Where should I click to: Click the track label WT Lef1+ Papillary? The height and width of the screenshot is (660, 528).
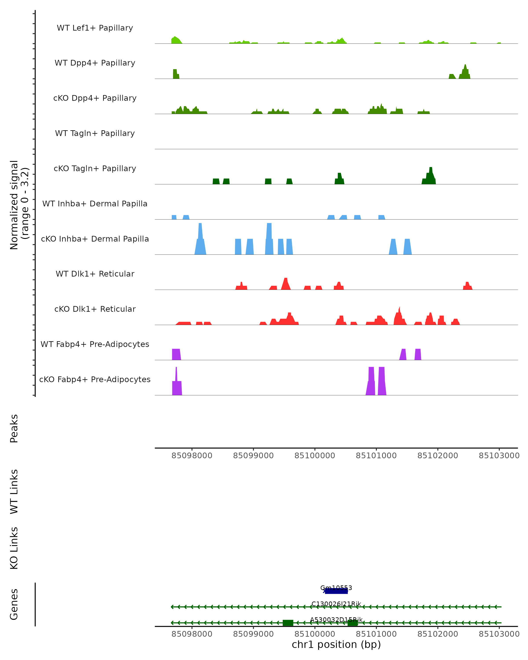pos(95,28)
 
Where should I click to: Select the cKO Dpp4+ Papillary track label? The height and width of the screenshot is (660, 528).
pos(95,98)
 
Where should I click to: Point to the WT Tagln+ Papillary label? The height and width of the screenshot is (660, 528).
pos(95,134)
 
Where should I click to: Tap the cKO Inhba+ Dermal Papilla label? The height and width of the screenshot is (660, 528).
pos(95,239)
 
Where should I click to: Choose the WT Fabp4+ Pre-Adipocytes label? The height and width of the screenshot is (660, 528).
pos(95,344)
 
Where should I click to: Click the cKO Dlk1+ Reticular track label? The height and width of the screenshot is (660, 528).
pos(95,309)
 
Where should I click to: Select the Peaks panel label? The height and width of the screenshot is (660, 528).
pos(14,428)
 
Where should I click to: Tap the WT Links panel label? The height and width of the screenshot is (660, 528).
pos(14,491)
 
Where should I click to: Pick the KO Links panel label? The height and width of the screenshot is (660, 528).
pos(14,548)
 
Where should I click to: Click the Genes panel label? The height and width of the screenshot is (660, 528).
pos(14,604)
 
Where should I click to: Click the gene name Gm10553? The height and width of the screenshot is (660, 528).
pos(336,588)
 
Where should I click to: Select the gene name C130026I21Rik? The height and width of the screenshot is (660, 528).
pos(336,604)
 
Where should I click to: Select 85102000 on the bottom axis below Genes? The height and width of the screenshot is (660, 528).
pos(438,634)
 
